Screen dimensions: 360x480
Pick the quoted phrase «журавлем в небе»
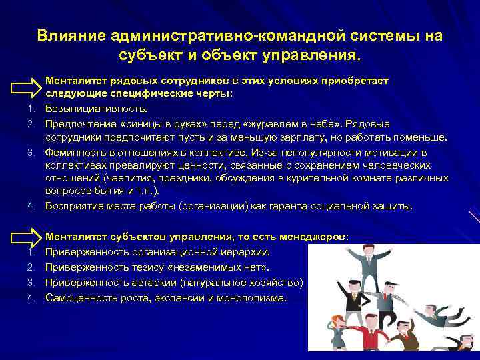pyautogui.click(x=296, y=125)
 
